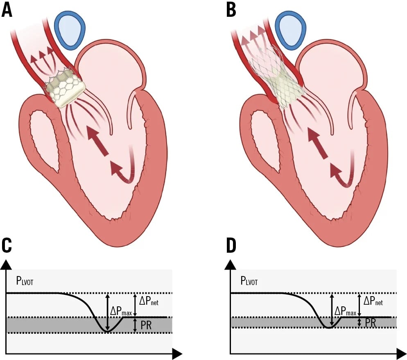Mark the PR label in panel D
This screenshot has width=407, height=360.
tap(371, 323)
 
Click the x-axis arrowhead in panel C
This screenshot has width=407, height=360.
tap(176, 353)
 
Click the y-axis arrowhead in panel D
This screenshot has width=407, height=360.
tap(231, 265)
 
